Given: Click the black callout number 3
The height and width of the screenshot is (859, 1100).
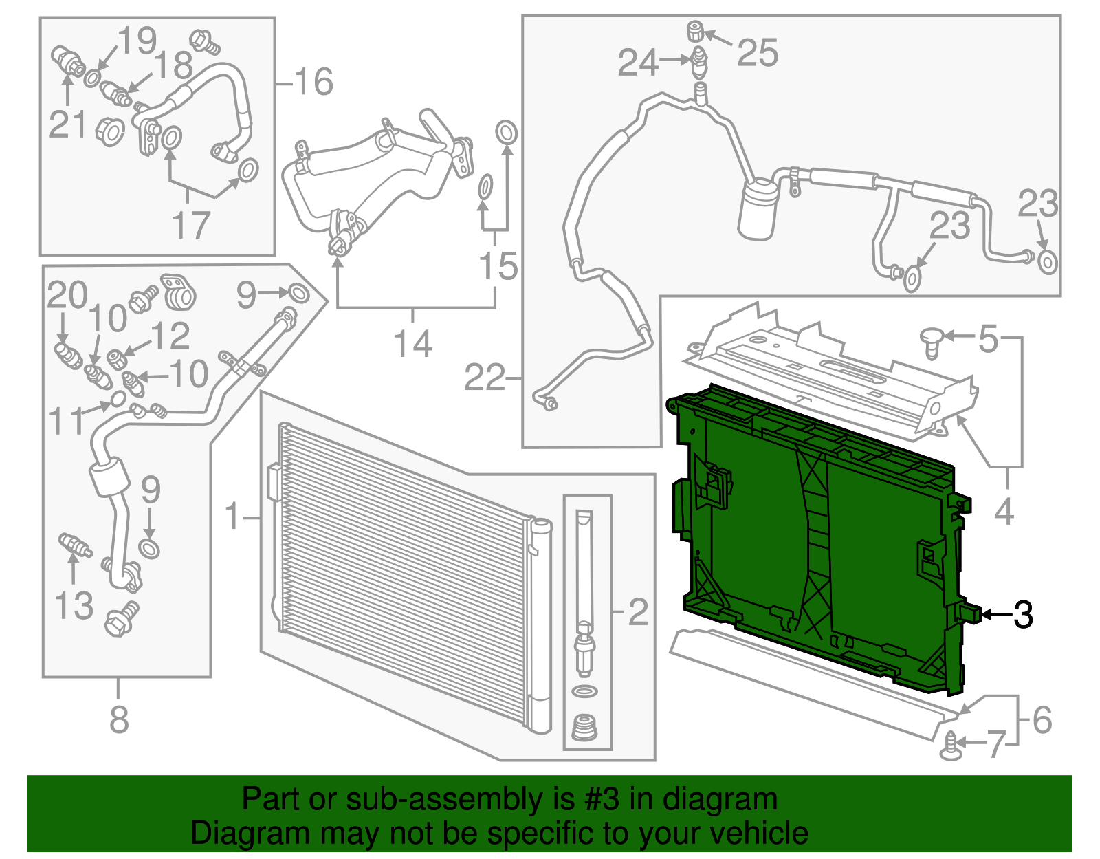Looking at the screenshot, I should (1023, 614).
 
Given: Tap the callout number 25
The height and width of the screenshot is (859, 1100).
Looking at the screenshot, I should (758, 53).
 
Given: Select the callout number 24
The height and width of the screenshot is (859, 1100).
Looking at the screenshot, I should (638, 63).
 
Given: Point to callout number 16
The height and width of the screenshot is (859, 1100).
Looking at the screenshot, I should (313, 82).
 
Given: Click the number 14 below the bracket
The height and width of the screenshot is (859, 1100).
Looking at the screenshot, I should (412, 344).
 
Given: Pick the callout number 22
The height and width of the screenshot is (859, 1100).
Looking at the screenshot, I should (485, 378).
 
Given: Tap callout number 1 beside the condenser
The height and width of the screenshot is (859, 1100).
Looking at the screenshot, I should (234, 516).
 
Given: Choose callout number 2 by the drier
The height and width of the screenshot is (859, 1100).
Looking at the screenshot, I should (638, 611).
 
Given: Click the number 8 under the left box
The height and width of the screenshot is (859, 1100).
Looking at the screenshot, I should (119, 720).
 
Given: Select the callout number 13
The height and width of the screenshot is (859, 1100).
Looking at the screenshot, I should (74, 606).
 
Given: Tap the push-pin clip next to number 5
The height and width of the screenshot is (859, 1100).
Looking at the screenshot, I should (932, 342).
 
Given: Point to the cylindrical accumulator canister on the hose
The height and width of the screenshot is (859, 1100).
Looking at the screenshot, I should (758, 208).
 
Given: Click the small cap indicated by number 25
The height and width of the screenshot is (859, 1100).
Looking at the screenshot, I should (696, 31).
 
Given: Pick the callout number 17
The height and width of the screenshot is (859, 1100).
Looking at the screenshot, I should (190, 225).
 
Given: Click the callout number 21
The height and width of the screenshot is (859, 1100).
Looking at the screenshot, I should (67, 124).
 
